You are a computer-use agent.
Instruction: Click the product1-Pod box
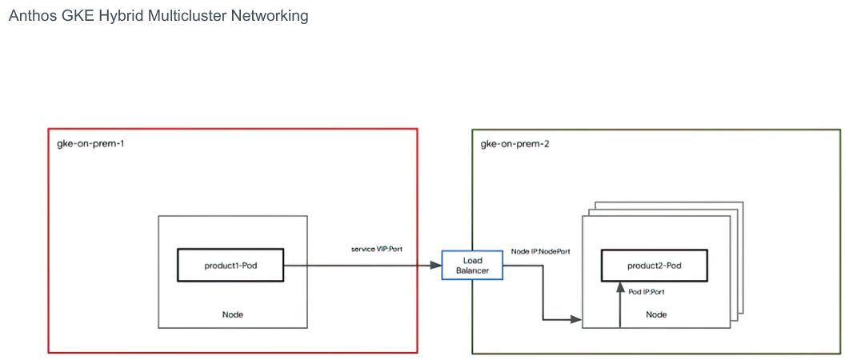pyautogui.click(x=230, y=265)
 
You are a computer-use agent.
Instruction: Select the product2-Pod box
pyautogui.click(x=655, y=266)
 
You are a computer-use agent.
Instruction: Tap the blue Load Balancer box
pyautogui.click(x=472, y=265)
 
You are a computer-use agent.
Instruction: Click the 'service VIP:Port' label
pyautogui.click(x=377, y=249)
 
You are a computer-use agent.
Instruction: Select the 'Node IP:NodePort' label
pyautogui.click(x=540, y=251)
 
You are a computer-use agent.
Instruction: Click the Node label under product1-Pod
pyautogui.click(x=232, y=314)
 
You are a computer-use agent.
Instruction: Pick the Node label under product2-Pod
pyautogui.click(x=656, y=314)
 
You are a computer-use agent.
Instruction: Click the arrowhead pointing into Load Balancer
pyautogui.click(x=436, y=265)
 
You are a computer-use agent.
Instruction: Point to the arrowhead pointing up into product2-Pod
pyautogui.click(x=620, y=288)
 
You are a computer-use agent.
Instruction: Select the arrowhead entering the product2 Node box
pyautogui.click(x=576, y=320)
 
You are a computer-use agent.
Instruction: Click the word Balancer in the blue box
pyautogui.click(x=472, y=270)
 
